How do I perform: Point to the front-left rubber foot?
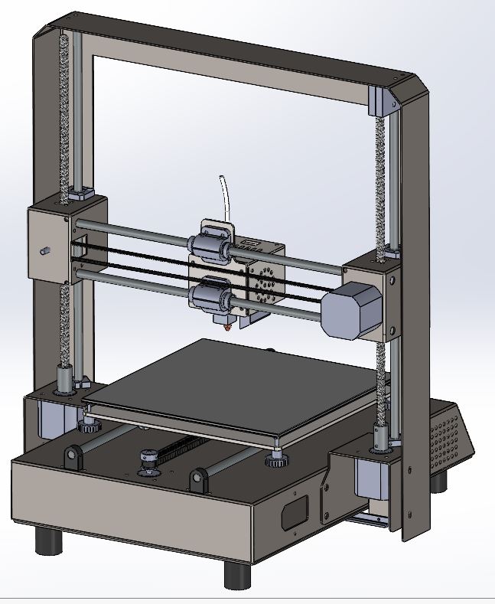pyautogui.click(x=49, y=540)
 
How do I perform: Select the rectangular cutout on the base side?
pyautogui.click(x=294, y=511)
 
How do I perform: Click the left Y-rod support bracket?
pyautogui.click(x=73, y=459)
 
